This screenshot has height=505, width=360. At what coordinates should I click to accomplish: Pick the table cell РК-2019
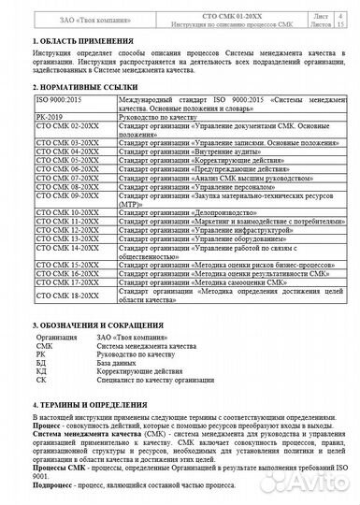(48, 113)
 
